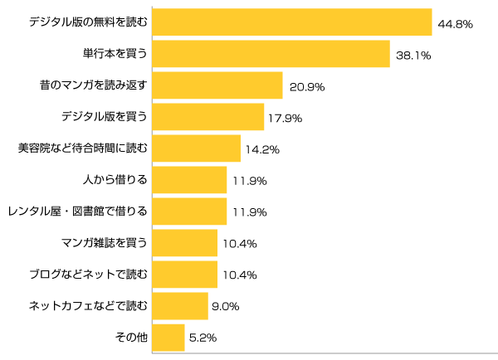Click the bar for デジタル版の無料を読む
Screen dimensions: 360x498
coord(292,22)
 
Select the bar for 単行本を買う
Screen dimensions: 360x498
coord(271,54)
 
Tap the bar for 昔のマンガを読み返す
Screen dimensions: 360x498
coord(217,85)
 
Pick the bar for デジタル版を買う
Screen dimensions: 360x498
coord(208,117)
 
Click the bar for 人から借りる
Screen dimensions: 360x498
coord(189,180)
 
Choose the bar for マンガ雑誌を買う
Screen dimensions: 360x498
coord(185,243)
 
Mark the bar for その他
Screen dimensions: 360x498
coord(168,338)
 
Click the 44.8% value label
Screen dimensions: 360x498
coord(454,24)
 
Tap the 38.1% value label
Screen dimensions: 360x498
coord(413,56)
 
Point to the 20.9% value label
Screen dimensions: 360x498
coord(306,87)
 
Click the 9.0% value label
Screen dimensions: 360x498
coord(225,306)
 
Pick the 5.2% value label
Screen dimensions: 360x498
coord(203,338)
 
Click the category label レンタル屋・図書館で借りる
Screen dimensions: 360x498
coord(77,212)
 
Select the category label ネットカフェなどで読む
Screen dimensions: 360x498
coord(88,306)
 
